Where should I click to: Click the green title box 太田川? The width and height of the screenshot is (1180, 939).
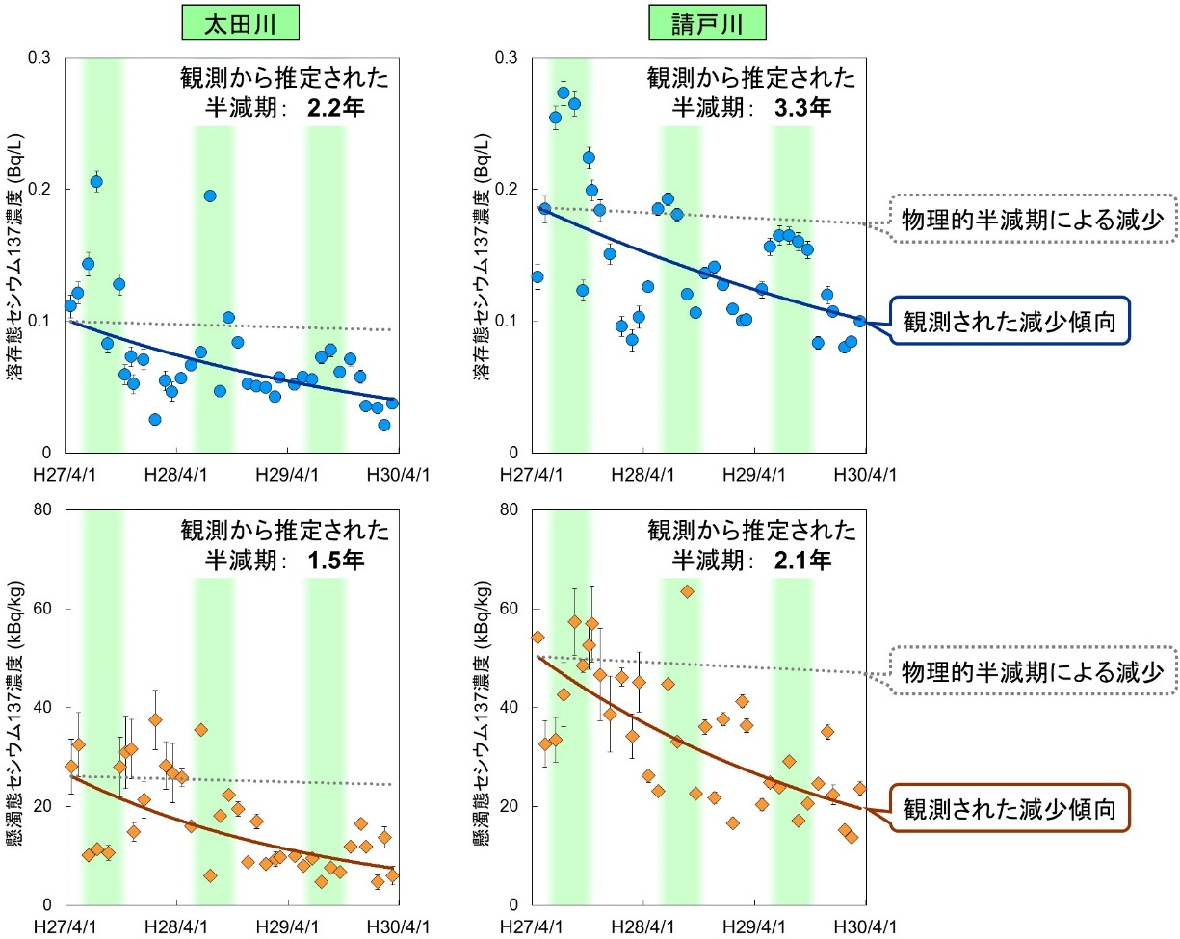click(x=240, y=25)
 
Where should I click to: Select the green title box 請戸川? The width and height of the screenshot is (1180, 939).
click(x=708, y=25)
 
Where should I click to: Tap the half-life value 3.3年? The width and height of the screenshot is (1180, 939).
click(x=802, y=108)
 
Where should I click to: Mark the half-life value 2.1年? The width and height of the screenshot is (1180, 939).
click(x=802, y=561)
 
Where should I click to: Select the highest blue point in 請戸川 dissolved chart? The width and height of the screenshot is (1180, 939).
click(x=564, y=93)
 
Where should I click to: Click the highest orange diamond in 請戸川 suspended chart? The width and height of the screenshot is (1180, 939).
click(x=687, y=591)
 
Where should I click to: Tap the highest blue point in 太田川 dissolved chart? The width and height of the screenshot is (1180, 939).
click(x=96, y=181)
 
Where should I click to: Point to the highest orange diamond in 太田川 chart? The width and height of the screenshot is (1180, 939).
click(x=155, y=719)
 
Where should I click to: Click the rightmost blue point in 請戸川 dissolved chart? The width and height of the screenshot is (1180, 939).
click(x=860, y=321)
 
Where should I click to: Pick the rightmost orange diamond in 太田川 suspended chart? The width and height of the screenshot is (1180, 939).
click(x=392, y=875)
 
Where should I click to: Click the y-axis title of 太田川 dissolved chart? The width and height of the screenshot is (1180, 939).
click(x=16, y=255)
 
